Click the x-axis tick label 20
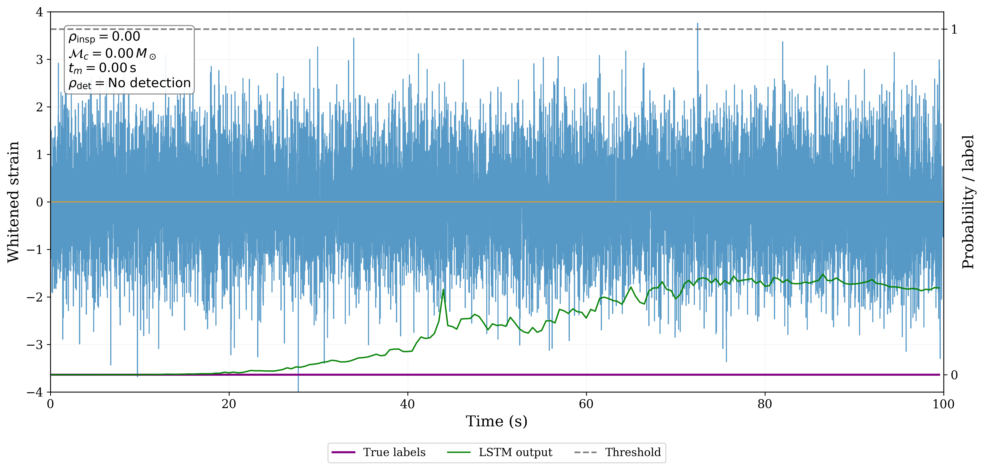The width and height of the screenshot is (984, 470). tap(229, 404)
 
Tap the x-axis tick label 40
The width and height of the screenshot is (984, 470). tap(407, 404)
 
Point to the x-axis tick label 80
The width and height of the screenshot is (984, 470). tap(765, 404)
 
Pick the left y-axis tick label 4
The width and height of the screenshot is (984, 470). tap(39, 12)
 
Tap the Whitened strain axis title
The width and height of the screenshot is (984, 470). tap(13, 202)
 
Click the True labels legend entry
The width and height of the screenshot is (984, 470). tap(394, 452)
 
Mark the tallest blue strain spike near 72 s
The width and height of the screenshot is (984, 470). tap(698, 24)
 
